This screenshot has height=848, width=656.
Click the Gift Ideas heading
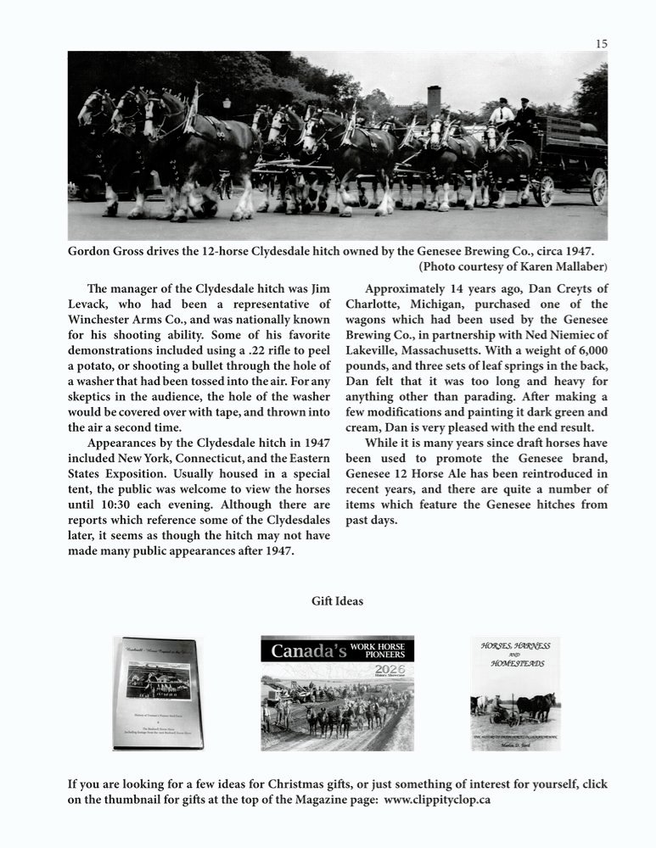[337, 601]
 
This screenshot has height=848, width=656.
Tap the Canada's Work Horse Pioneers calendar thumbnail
[337, 693]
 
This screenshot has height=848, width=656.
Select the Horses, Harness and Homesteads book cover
[515, 693]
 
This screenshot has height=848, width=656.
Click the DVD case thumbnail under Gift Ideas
[158, 693]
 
